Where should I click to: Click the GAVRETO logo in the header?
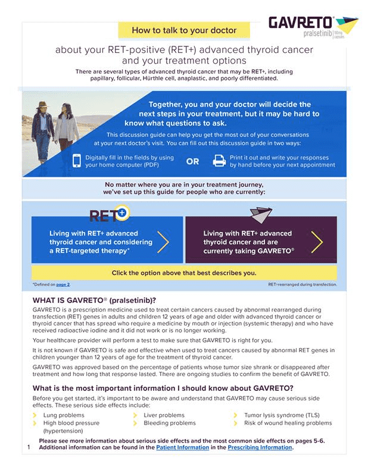pos(312,27)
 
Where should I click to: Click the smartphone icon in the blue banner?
pos(77,161)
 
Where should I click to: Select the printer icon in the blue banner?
pos(219,161)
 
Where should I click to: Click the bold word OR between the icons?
pos(192,161)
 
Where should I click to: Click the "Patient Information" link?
pos(182,447)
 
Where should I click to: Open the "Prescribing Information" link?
pos(260,447)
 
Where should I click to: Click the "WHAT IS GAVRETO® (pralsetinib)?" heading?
pos(98,299)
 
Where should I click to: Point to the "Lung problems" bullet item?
pos(64,415)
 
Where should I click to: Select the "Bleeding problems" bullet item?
pos(169,423)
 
